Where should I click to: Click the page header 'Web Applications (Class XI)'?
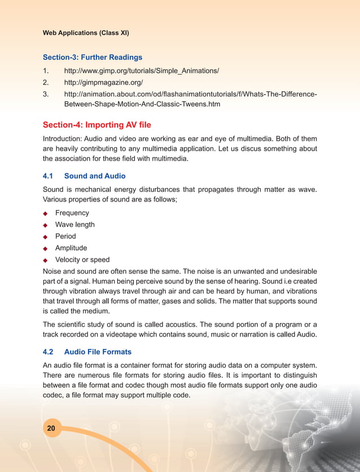pos(86,33)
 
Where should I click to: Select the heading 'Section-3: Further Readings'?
pos(93,57)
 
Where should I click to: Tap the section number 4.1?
pos(49,176)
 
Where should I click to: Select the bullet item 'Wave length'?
pos(74,225)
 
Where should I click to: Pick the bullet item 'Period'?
pos(65,237)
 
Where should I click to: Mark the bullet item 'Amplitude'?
pos(71,248)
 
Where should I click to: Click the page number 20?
pos(51,429)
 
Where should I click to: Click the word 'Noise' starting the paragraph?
pos(52,272)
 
